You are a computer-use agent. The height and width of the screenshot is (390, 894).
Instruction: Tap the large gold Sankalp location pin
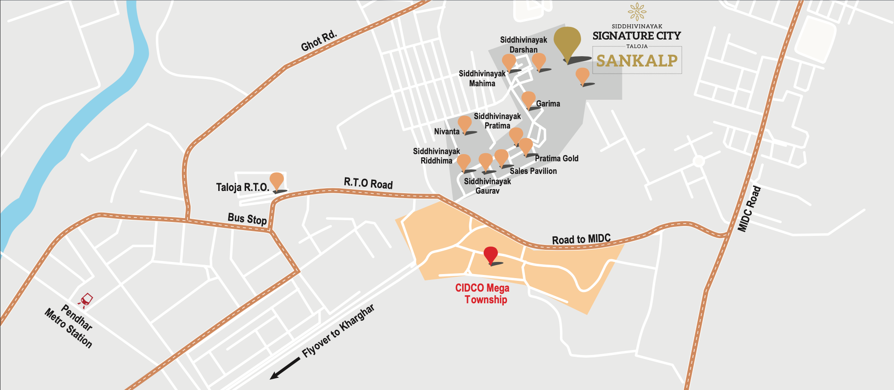click(x=567, y=41)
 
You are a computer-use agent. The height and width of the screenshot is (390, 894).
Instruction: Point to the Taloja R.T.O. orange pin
click(x=277, y=181)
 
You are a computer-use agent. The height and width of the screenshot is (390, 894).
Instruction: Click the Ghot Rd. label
click(x=318, y=41)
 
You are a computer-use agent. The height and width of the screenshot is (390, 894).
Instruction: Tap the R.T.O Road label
click(x=368, y=183)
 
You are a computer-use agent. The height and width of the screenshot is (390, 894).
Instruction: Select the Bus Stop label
click(x=247, y=218)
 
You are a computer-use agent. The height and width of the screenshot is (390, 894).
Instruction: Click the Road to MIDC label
click(x=581, y=239)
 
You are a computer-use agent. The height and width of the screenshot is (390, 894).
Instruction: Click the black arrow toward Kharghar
click(x=285, y=368)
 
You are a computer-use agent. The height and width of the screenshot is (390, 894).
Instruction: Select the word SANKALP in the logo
click(x=637, y=61)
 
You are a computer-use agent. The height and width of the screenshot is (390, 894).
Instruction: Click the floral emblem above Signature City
click(x=637, y=12)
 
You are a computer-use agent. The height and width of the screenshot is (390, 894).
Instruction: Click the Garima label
click(x=548, y=104)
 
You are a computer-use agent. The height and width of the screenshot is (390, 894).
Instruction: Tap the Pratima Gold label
click(x=556, y=158)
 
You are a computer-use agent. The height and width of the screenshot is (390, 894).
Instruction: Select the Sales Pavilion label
click(x=533, y=171)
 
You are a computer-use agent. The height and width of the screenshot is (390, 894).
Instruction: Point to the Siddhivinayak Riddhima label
click(x=436, y=156)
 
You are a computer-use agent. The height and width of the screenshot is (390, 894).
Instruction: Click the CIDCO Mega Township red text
click(x=483, y=294)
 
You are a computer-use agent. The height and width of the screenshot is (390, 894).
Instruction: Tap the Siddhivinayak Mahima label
click(x=482, y=78)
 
